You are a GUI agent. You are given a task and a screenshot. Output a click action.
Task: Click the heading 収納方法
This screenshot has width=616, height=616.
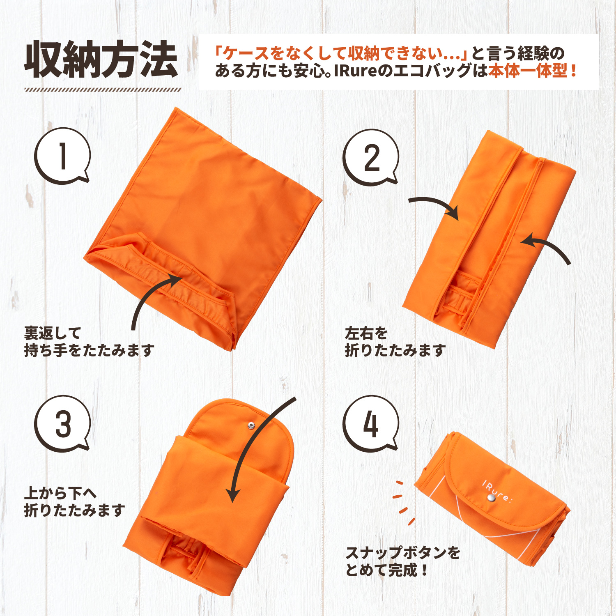click(101, 60)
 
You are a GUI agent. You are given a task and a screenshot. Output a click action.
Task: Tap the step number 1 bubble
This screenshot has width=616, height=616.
click(62, 156)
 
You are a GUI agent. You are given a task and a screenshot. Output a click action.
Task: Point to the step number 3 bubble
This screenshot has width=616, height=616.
click(62, 423)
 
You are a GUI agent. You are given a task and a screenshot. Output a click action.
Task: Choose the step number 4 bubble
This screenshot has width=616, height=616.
click(371, 423)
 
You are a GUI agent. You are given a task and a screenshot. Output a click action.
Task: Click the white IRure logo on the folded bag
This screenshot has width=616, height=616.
click(497, 491)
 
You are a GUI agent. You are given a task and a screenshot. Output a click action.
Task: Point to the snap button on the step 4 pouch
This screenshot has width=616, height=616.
click(490, 498)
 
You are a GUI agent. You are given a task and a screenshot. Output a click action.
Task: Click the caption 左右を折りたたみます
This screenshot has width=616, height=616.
click(395, 342)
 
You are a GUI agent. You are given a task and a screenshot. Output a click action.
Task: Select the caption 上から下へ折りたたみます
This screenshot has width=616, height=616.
click(74, 501)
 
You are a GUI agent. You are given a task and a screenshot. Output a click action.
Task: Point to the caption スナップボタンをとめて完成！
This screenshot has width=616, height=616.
click(402, 561)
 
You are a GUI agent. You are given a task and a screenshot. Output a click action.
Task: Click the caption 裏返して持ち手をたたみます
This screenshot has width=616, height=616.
click(89, 342)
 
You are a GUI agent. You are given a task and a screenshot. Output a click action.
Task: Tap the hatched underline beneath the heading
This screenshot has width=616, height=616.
click(103, 90)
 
